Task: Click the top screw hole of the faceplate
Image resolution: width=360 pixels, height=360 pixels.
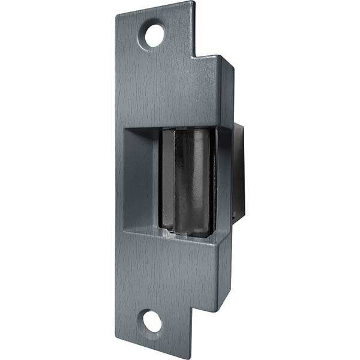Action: pyautogui.click(x=154, y=35)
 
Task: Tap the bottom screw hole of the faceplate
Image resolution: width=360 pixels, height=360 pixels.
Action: pyautogui.click(x=152, y=322)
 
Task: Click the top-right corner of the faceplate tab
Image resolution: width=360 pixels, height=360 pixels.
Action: pyautogui.click(x=194, y=2)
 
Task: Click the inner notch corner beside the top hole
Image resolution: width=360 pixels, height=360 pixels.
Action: pyautogui.click(x=196, y=56)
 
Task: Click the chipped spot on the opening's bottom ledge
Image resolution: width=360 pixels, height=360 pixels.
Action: pyautogui.click(x=171, y=235)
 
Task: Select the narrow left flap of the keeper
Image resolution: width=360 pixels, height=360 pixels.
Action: pyautogui.click(x=166, y=180)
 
